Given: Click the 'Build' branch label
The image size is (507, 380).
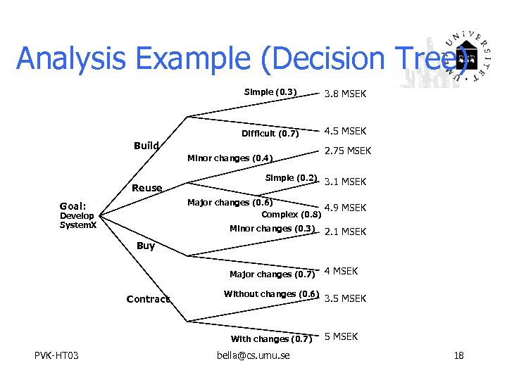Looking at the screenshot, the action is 146,146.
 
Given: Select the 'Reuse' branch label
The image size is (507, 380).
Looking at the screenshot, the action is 147,188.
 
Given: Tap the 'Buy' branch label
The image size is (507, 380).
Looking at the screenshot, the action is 146,246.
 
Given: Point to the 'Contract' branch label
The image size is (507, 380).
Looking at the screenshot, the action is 148,299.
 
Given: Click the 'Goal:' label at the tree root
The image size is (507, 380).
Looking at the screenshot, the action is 73,206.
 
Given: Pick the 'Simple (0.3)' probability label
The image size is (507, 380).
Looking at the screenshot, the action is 270,91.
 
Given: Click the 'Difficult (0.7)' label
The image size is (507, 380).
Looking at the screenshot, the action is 270,134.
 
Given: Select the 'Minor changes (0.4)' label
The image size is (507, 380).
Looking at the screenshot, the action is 230,158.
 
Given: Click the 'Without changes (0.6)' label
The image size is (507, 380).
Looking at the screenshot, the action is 271,293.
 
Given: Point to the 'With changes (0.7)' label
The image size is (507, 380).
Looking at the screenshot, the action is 271,339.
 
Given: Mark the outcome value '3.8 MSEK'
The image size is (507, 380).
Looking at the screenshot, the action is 345,94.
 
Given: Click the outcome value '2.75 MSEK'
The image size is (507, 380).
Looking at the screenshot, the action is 347,151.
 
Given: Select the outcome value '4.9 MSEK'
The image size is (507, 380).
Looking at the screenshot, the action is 345,208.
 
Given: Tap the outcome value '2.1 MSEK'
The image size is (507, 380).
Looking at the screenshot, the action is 345,232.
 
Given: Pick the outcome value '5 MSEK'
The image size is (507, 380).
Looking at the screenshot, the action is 341,336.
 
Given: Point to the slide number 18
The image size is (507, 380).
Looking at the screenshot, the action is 458,355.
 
